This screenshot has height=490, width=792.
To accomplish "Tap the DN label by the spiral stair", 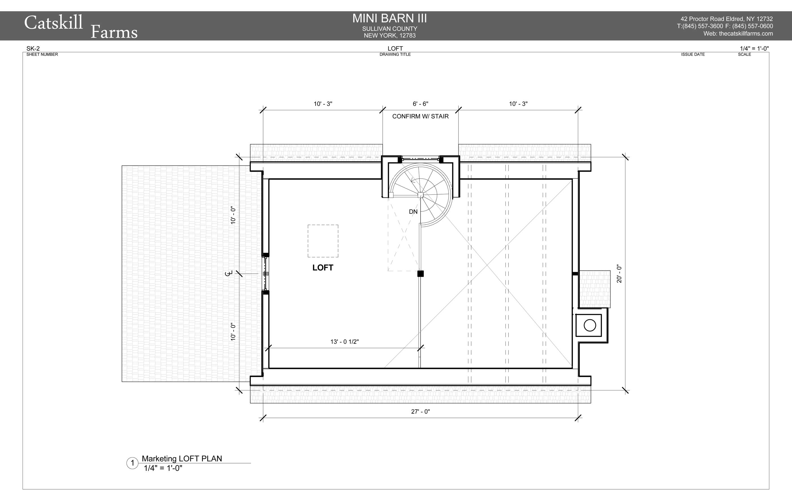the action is [x=413, y=211].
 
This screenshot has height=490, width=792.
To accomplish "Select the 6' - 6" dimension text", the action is [x=421, y=104].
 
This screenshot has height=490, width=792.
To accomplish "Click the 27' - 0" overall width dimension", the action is [x=421, y=412].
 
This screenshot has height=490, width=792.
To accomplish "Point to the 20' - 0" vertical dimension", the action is [x=619, y=274].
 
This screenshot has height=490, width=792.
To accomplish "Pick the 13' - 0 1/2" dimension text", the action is [x=345, y=342].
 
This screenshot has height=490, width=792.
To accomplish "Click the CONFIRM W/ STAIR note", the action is [x=421, y=116].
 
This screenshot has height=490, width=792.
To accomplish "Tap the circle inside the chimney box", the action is [x=590, y=325].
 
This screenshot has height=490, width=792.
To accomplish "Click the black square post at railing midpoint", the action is [x=421, y=273].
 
